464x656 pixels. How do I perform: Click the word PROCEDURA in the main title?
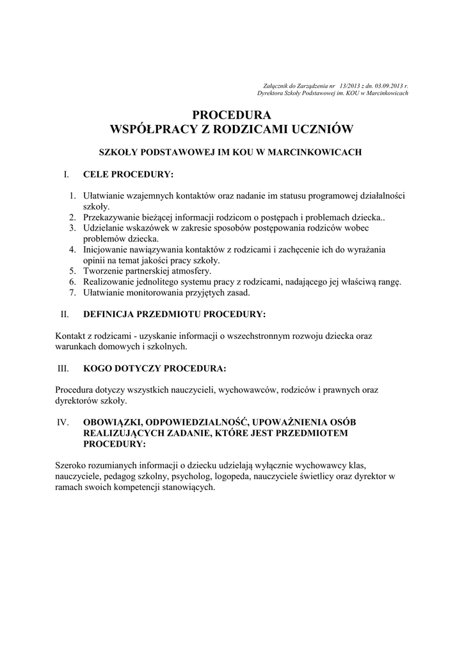(x=232, y=115)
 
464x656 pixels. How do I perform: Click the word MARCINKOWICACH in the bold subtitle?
(x=320, y=152)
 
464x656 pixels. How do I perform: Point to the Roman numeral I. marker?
(x=65, y=174)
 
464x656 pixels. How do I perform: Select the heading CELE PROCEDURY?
(x=128, y=174)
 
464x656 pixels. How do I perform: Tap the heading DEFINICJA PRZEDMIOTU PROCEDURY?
(x=174, y=315)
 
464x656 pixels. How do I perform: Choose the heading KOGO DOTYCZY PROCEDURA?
(x=154, y=369)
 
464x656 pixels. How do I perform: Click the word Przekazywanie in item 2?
(x=111, y=217)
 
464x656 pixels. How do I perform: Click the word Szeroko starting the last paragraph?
(x=70, y=466)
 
